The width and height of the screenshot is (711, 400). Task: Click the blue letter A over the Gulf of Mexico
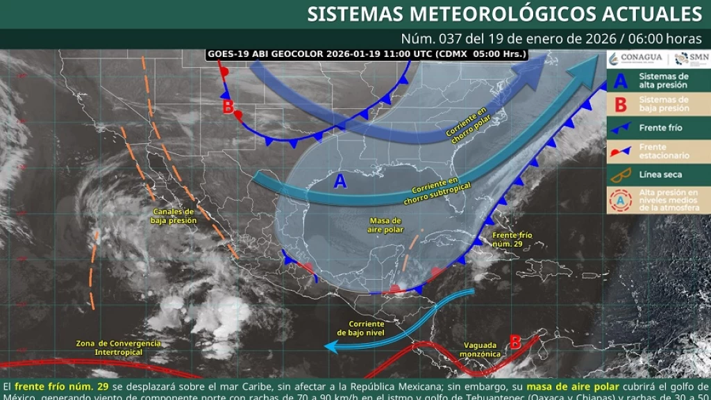(x=340, y=181)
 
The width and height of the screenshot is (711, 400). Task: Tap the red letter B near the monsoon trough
(x=515, y=342)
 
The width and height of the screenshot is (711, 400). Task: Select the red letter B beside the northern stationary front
(x=228, y=106)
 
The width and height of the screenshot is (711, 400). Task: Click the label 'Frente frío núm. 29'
(x=512, y=240)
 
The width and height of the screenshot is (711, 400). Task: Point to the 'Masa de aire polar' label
(x=386, y=225)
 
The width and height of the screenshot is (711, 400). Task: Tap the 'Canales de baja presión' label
(x=174, y=216)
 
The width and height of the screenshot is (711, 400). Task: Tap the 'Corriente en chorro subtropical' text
(x=442, y=190)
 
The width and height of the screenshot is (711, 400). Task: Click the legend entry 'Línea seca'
(x=660, y=175)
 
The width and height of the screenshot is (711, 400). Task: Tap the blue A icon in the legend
(x=621, y=81)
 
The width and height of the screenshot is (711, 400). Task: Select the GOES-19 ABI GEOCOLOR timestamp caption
(x=367, y=53)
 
